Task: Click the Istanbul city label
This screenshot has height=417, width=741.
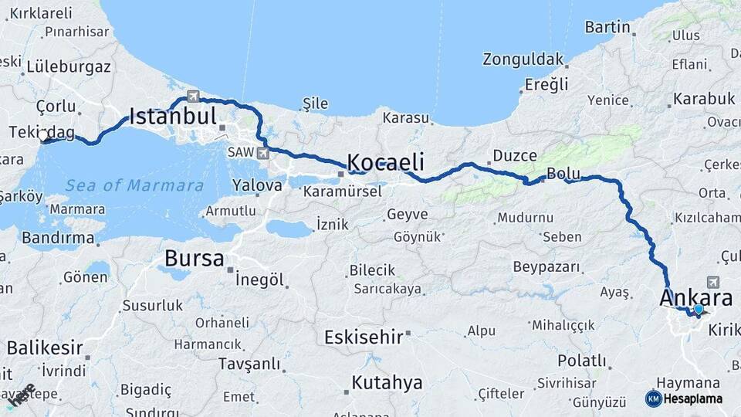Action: click(x=172, y=117)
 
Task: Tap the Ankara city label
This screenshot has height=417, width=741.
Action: click(x=696, y=298)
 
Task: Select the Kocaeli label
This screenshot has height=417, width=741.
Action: click(x=385, y=162)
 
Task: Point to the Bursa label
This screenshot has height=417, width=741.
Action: click(x=195, y=258)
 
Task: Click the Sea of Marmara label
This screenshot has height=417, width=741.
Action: click(x=134, y=185)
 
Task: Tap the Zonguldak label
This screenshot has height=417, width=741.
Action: click(x=523, y=59)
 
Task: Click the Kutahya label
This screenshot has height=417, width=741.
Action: click(x=387, y=382)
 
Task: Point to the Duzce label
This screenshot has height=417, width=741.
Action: click(x=514, y=155)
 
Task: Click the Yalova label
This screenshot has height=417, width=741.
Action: click(x=257, y=186)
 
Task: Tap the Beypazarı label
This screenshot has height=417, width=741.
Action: click(x=546, y=267)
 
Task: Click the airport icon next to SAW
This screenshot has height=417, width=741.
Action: click(x=264, y=153)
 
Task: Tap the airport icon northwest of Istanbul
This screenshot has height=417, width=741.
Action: click(x=192, y=97)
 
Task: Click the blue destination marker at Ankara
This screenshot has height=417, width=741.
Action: click(x=699, y=310)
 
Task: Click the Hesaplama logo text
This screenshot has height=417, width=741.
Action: click(x=693, y=398)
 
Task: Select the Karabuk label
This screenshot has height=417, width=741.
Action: click(x=703, y=99)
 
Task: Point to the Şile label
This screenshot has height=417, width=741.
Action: click(x=315, y=104)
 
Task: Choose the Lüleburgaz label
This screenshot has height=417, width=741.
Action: click(x=69, y=66)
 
